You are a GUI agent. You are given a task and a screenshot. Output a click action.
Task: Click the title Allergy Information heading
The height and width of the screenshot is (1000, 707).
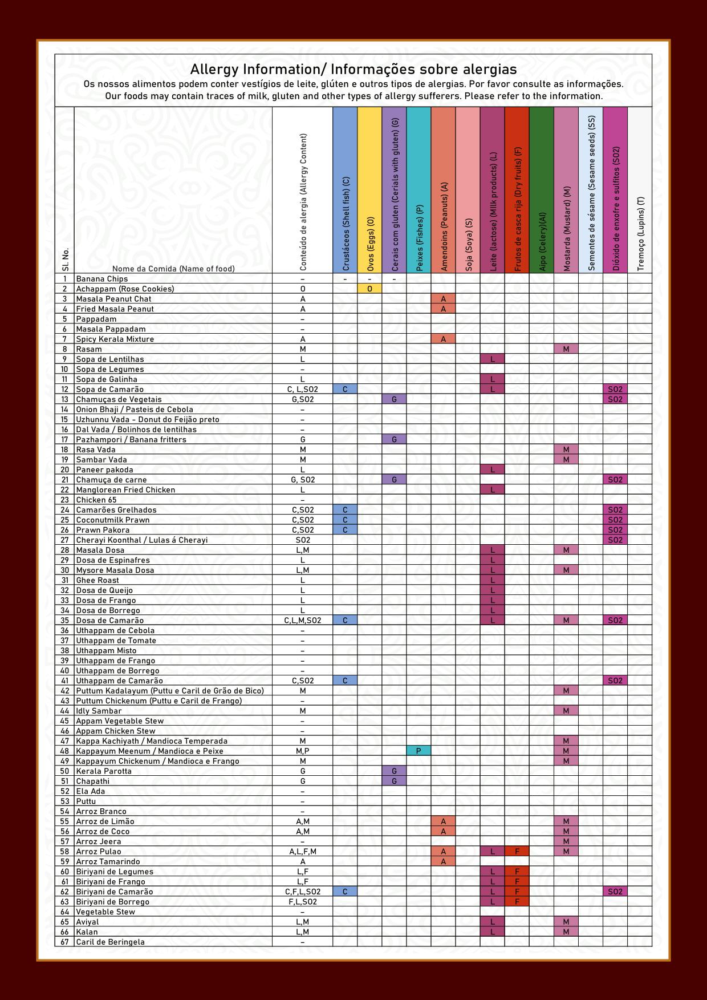[x=353, y=70]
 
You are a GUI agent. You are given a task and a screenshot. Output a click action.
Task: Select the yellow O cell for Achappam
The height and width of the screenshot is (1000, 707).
[x=369, y=289]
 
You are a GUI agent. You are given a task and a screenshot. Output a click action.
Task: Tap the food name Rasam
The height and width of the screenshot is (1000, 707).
[x=89, y=349]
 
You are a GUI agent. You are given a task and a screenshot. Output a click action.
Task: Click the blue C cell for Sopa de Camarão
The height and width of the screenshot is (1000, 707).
[x=345, y=390]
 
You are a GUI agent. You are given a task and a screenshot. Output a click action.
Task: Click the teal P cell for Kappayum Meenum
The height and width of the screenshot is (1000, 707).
[x=418, y=751]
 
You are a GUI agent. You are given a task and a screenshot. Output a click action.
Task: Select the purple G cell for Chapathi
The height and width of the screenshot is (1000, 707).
[x=394, y=782]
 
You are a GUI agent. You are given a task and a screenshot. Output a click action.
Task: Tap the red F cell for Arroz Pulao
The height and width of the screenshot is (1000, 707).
[x=517, y=852]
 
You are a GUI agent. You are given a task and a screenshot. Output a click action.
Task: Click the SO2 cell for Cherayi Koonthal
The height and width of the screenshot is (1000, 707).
[x=615, y=540]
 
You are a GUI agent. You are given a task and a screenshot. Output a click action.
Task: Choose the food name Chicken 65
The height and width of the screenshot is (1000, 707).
[x=96, y=500]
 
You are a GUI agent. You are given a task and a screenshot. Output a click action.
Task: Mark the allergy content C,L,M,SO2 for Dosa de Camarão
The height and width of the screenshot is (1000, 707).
[x=303, y=621]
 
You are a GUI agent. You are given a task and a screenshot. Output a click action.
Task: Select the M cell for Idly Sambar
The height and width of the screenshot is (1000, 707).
[x=566, y=711]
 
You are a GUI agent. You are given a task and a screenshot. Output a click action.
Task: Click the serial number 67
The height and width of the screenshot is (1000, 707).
[x=64, y=942]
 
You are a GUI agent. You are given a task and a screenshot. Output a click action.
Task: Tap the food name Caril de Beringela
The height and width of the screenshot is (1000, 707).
[x=111, y=942]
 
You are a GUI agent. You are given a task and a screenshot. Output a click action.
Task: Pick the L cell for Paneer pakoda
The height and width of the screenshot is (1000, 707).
[x=493, y=470]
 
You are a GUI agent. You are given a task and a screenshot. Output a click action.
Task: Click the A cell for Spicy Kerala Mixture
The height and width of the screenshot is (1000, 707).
[x=443, y=339]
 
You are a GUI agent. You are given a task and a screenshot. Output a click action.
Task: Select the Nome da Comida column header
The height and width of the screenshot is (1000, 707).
[x=173, y=269]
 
